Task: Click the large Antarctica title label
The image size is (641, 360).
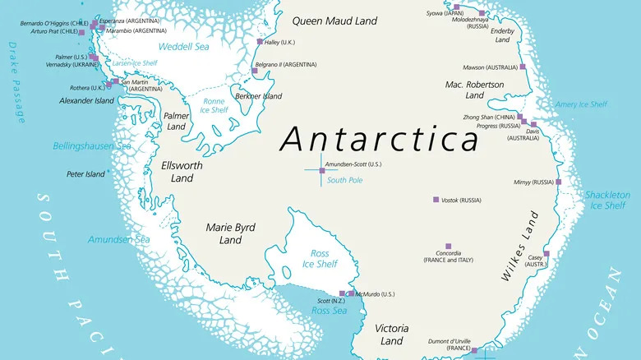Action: coord(379,139)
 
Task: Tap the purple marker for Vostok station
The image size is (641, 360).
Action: coord(436,200)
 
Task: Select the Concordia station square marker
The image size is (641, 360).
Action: coord(449,246)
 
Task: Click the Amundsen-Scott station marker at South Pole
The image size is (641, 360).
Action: coord(322,170)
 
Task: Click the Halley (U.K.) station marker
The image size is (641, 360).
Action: coord(261,41)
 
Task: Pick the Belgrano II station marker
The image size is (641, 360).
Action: coord(255,71)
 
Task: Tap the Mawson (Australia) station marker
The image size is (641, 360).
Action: coord(523,67)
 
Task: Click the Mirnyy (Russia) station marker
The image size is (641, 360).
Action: coord(558,182)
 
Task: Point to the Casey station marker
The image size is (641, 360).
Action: coord(546,254)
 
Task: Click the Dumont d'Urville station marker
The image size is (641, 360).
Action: coord(474,350)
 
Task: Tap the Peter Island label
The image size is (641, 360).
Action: coord(85,174)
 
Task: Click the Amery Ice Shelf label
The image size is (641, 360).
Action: coord(581,104)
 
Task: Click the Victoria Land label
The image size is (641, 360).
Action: coord(391,334)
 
